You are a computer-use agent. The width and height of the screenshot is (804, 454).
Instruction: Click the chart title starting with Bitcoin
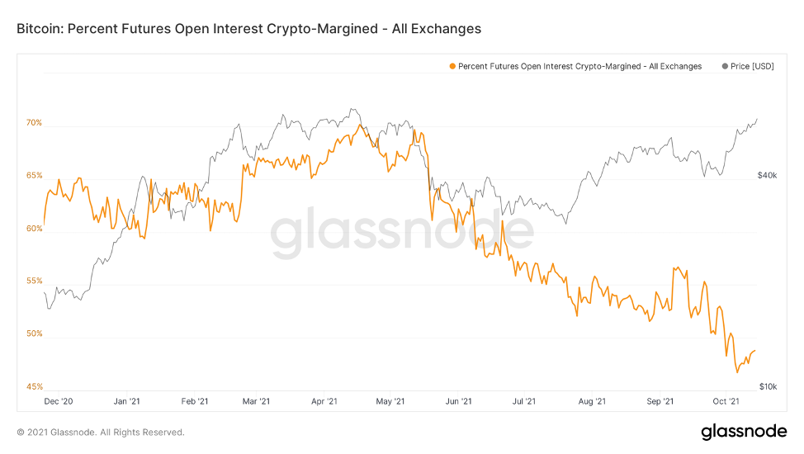(x=248, y=29)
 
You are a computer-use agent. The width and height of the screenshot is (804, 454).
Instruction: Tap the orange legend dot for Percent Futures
(x=452, y=66)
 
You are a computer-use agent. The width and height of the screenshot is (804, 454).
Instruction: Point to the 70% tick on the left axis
(x=34, y=123)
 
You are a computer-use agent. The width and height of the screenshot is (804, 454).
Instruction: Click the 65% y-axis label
(x=34, y=176)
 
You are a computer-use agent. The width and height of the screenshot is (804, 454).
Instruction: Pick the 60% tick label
(x=34, y=229)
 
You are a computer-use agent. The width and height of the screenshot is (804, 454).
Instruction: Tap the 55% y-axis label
(x=34, y=281)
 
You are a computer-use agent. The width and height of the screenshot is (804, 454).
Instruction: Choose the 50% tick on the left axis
(x=34, y=334)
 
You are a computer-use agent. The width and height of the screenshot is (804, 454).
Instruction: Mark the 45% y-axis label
(x=34, y=387)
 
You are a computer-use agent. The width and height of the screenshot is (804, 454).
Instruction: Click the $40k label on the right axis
(x=767, y=176)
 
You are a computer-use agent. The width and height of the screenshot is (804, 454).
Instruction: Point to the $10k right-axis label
(x=767, y=387)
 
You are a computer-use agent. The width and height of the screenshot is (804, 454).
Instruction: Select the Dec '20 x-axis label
(x=59, y=402)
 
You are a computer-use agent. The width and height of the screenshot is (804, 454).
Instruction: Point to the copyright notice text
(x=101, y=433)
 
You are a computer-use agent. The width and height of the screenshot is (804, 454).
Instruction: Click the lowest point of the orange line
(x=737, y=371)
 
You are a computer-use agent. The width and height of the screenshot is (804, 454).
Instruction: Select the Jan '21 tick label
(x=125, y=402)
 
